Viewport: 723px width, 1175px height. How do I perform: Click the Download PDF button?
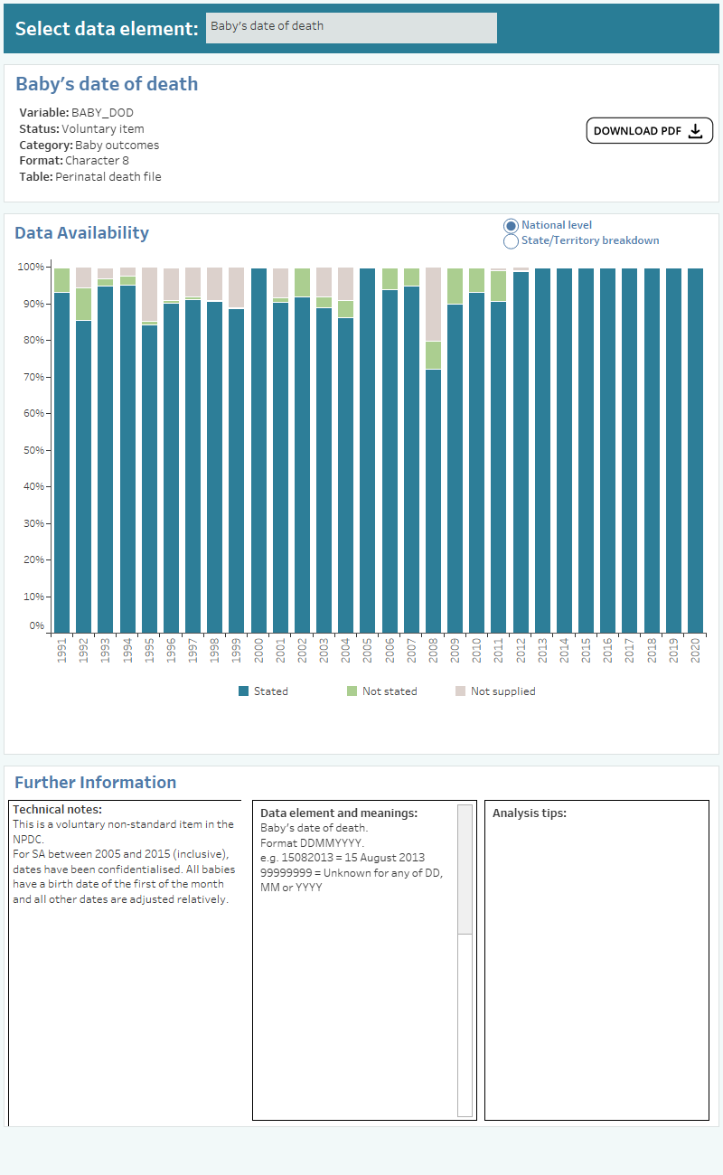pyautogui.click(x=649, y=131)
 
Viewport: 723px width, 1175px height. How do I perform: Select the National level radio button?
pyautogui.click(x=511, y=225)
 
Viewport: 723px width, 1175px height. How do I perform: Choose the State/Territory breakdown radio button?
pyautogui.click(x=511, y=240)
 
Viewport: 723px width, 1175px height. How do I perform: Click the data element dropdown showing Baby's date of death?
pyautogui.click(x=351, y=27)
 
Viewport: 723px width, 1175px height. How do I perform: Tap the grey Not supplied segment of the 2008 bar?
pyautogui.click(x=434, y=305)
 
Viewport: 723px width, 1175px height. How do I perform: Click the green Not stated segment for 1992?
pyautogui.click(x=84, y=304)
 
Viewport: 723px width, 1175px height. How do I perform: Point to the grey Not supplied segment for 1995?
pyautogui.click(x=149, y=294)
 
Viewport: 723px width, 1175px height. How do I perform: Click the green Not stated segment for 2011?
pyautogui.click(x=499, y=286)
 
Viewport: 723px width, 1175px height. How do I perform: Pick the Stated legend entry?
pyautogui.click(x=263, y=691)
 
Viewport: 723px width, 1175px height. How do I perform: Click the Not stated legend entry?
pyautogui.click(x=381, y=691)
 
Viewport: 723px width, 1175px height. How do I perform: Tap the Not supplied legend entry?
pyautogui.click(x=494, y=691)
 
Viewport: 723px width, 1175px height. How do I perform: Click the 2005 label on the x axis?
pyautogui.click(x=368, y=652)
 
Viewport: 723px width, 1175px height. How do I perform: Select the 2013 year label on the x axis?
pyautogui.click(x=542, y=652)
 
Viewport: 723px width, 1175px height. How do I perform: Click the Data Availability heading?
pyautogui.click(x=81, y=232)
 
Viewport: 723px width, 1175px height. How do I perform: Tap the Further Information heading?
pyautogui.click(x=95, y=783)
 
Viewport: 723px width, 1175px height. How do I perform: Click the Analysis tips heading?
pyautogui.click(x=530, y=813)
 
